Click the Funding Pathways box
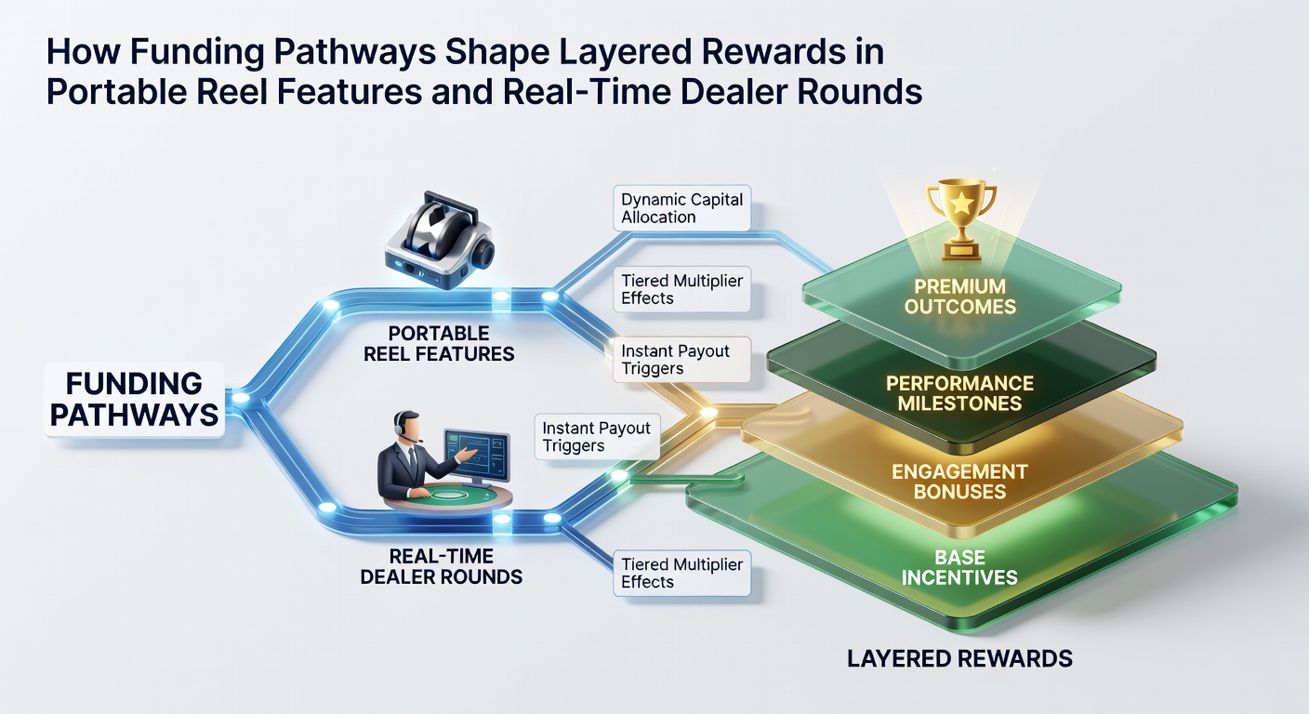(x=135, y=400)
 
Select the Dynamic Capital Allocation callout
(x=682, y=208)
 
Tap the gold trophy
(x=961, y=221)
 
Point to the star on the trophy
(x=961, y=204)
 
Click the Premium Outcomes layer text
(x=960, y=297)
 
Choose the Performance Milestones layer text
(x=959, y=393)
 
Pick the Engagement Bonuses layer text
(x=959, y=482)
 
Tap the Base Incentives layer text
(x=959, y=567)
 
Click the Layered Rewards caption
(x=959, y=658)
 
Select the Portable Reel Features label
(x=439, y=344)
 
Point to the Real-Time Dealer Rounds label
(x=442, y=566)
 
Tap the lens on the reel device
(x=483, y=254)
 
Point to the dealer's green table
(x=447, y=497)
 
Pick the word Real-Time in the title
(x=586, y=92)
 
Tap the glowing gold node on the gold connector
(x=708, y=412)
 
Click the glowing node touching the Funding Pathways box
(x=240, y=398)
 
